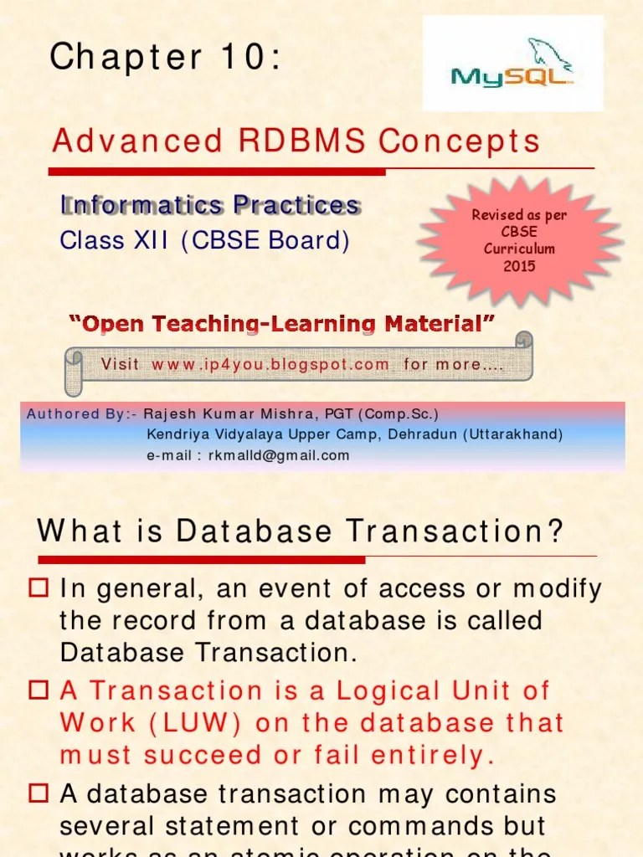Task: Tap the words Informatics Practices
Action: [210, 205]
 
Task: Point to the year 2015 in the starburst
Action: [519, 266]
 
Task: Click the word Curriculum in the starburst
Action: [519, 249]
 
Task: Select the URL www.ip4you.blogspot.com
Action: [270, 364]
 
